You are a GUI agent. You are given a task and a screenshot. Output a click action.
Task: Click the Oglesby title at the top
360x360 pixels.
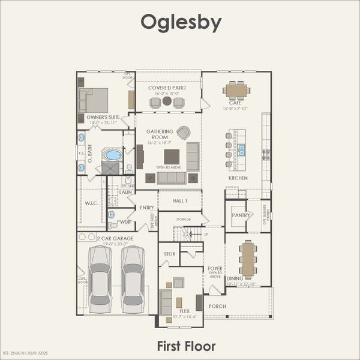[x=181, y=23]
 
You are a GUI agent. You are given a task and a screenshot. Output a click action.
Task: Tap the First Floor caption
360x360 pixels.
[x=185, y=346]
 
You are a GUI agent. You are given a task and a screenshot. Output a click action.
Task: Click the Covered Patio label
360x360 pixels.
[x=167, y=88]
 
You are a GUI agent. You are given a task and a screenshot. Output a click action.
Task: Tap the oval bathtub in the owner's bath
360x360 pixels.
[x=113, y=155]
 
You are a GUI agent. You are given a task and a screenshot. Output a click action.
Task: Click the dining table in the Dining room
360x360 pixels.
[x=248, y=259]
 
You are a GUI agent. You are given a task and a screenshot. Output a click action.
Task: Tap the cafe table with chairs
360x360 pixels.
[x=237, y=91]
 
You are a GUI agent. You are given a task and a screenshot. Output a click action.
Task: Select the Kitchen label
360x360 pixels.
[x=238, y=178]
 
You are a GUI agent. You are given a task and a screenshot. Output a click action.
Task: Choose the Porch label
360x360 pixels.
[x=217, y=306]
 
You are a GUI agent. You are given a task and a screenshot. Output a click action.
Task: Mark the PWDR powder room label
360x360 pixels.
[x=124, y=221]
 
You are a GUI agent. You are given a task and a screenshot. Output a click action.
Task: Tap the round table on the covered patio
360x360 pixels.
[x=167, y=101]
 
